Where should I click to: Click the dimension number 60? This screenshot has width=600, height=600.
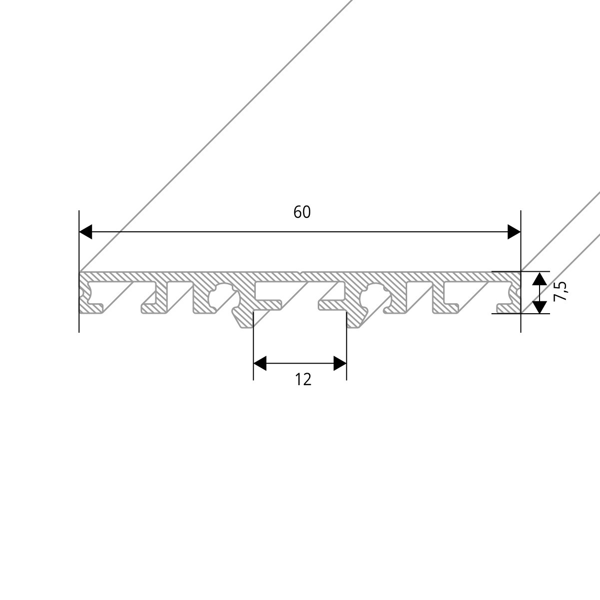click(302, 212)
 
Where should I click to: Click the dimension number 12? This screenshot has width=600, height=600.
click(303, 380)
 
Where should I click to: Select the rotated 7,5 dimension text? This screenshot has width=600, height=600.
click(561, 291)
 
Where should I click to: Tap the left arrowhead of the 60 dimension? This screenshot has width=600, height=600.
click(86, 232)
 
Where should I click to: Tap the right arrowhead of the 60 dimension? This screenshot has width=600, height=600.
click(514, 232)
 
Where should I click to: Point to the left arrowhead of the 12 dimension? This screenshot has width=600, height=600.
click(260, 364)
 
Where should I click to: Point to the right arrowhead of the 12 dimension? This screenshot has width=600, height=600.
click(340, 364)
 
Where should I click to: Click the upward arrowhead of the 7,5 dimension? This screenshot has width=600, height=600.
click(539, 278)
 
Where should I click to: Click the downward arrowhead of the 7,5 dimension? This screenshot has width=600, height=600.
click(539, 307)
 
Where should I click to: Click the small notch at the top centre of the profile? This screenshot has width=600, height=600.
click(300, 273)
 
